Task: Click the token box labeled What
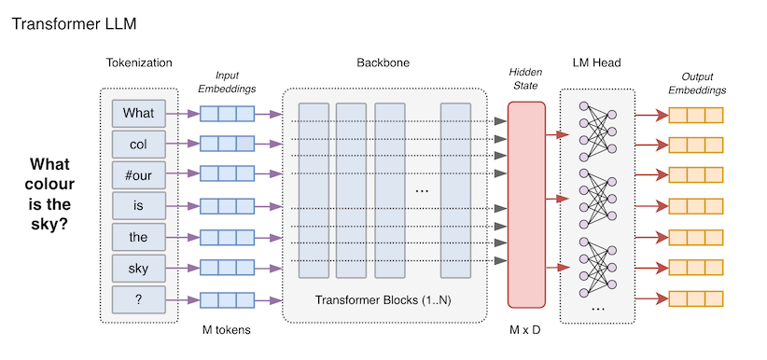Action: (x=138, y=114)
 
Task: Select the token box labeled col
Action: (x=138, y=145)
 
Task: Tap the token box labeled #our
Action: (x=138, y=175)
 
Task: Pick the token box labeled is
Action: (x=138, y=206)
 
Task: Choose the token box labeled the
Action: (x=138, y=237)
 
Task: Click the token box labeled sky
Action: (x=138, y=269)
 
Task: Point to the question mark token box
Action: (x=138, y=299)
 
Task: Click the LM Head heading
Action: (x=596, y=62)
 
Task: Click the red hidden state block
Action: (x=525, y=201)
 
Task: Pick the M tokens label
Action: (x=227, y=331)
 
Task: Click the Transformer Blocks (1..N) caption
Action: (x=383, y=300)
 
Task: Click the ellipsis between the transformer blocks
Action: (x=421, y=189)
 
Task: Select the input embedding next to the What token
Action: (x=227, y=114)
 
